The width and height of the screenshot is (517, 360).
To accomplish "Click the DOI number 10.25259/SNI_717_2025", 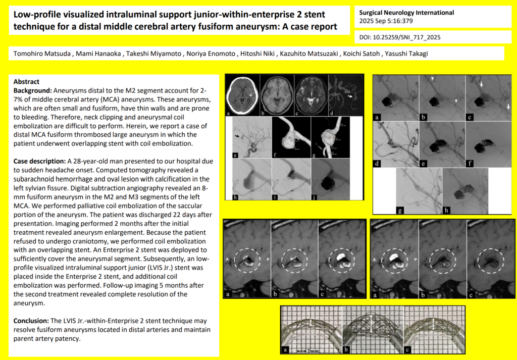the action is coord(406,37).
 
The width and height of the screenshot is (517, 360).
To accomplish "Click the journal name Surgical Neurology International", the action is coord(406,13).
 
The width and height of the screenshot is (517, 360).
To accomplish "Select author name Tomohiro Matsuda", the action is coord(42,54).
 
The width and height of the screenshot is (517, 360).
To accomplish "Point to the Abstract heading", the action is coord(26,82).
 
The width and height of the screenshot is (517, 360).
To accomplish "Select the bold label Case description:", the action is coord(39,161).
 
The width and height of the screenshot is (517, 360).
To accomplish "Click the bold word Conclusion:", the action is coord(31,321).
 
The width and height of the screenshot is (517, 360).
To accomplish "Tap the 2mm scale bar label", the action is coord(313,351).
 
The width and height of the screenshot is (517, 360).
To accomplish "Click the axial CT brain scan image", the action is coord(243,95).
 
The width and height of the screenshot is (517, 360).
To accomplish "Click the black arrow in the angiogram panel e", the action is coord(237,135).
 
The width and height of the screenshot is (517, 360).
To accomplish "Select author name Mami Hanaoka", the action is coord(98,54).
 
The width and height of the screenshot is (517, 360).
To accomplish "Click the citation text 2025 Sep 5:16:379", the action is coord(386,21).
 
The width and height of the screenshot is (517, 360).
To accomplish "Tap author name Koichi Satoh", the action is coord(361,54).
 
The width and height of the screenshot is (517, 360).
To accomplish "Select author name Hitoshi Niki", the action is coord(257,54).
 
